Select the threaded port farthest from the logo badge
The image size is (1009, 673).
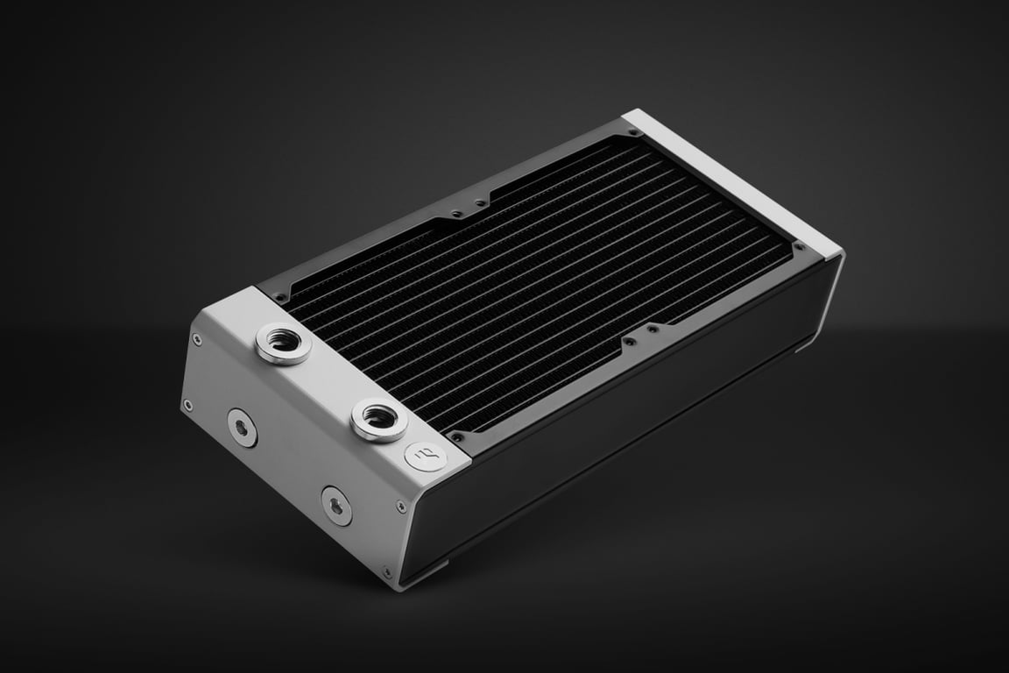pyautogui.click(x=284, y=344)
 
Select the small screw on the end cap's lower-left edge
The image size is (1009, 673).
pyautogui.click(x=187, y=404)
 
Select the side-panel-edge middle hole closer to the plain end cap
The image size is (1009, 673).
pyautogui.click(x=652, y=329)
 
